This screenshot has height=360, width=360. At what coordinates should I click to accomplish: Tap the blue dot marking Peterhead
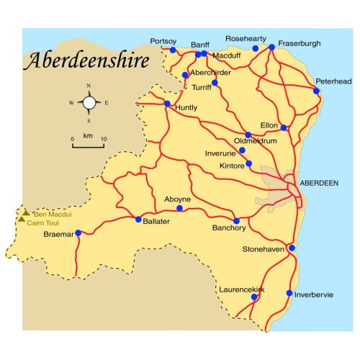point(316,91)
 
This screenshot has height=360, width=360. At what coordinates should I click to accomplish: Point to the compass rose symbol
point(89,103)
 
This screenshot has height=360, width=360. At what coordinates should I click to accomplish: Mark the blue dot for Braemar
point(78,233)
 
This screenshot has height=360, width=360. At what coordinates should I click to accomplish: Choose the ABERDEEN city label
point(318,184)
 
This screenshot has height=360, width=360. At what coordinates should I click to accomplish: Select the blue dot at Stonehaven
point(292,248)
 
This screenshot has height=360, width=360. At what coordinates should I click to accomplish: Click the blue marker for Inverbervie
point(289,293)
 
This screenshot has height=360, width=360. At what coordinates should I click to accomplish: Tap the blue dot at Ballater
point(138,220)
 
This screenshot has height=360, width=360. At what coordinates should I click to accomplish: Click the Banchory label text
point(228,228)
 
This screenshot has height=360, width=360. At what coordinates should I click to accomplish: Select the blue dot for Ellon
point(284,128)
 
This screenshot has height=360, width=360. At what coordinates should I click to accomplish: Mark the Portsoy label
point(163,41)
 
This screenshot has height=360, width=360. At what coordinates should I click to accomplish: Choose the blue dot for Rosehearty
point(255,48)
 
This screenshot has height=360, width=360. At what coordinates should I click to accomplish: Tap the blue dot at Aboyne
point(180,209)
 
